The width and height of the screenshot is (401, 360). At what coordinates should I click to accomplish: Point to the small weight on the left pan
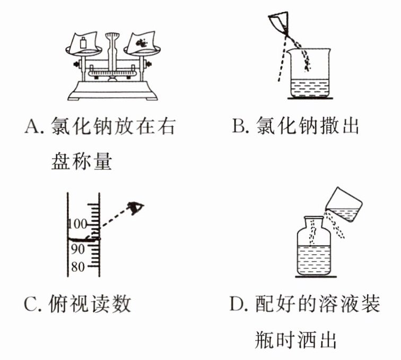(84, 42)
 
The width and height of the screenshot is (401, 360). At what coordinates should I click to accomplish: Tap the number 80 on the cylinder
(77, 267)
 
